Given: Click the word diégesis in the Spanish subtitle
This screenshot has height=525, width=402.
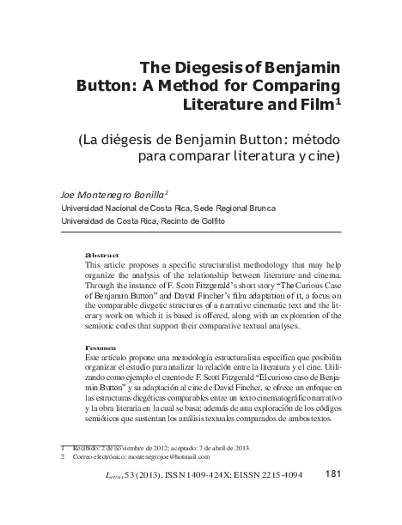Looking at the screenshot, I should [x=181, y=139].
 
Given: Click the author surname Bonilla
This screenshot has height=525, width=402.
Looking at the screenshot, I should [x=141, y=195].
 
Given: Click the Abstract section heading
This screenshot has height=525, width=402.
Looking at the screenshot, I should [x=102, y=256].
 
